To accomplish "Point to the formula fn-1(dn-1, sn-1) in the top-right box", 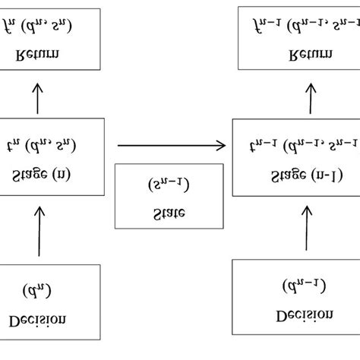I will (303, 28).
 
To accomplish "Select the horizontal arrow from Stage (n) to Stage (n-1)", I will (171, 144).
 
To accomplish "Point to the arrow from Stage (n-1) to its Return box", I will (310, 96).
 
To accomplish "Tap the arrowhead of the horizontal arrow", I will (221, 144).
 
